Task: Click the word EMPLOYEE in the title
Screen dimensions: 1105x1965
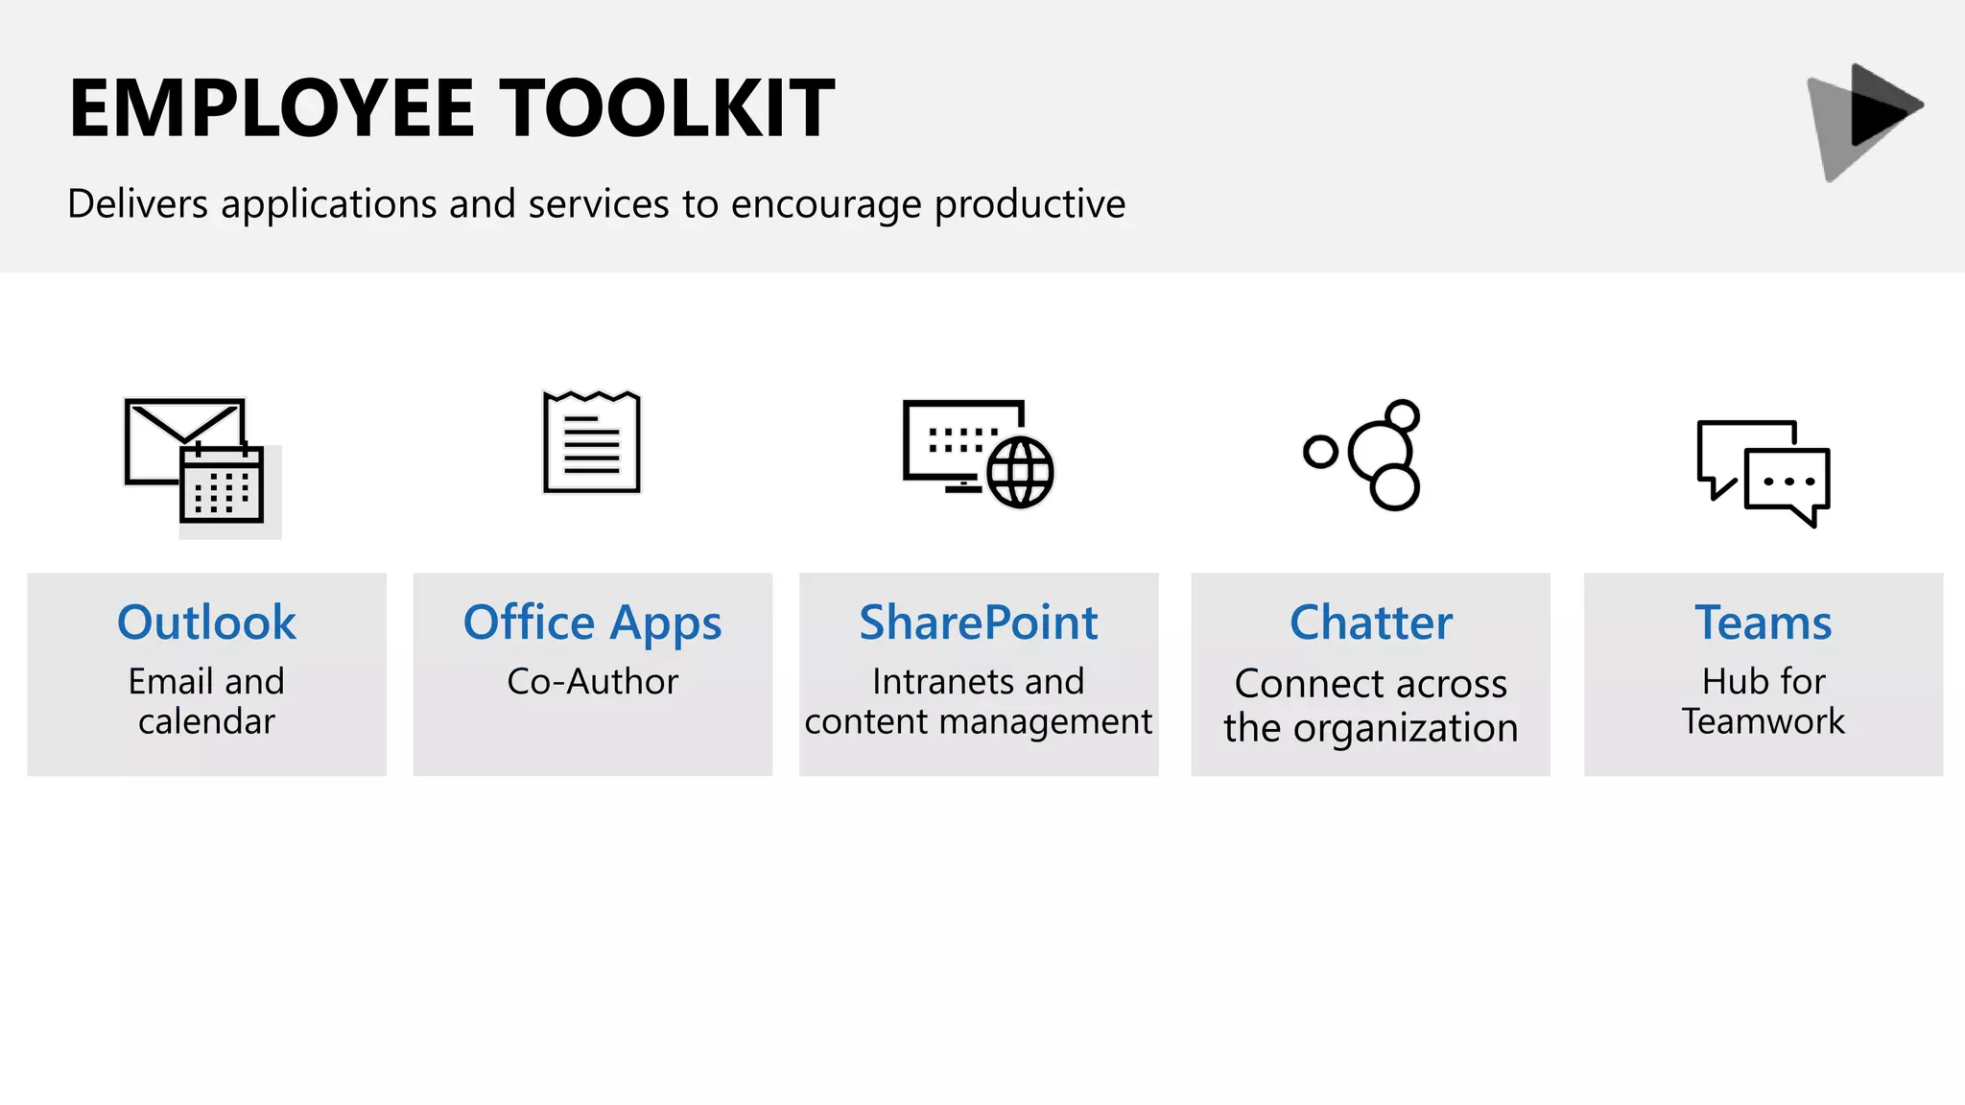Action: tap(272, 108)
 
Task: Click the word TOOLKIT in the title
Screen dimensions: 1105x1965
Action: tap(668, 108)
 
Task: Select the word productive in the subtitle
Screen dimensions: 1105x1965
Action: tap(1030, 204)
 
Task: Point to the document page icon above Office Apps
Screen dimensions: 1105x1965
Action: tap(592, 443)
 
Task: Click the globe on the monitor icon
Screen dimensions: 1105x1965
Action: tap(1019, 472)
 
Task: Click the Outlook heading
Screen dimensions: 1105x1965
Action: tap(206, 623)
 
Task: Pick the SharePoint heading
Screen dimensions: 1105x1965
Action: tap(978, 623)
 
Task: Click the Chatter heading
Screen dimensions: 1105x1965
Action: tap(1370, 623)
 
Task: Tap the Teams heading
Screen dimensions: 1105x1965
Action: tap(1763, 623)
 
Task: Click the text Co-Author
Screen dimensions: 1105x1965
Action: tap(592, 682)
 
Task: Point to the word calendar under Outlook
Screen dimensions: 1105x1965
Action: tap(206, 721)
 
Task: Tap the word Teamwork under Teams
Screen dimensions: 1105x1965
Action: tap(1763, 721)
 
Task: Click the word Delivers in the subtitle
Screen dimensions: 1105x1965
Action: tap(138, 204)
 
